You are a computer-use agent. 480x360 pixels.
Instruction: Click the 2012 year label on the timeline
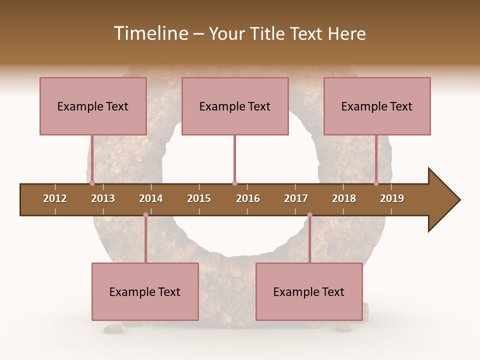click(55, 198)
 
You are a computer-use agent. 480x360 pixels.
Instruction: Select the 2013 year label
click(103, 198)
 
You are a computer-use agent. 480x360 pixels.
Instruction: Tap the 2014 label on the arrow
click(151, 198)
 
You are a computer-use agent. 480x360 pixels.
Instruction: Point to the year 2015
click(199, 198)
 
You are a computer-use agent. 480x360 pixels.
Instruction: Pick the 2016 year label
click(248, 198)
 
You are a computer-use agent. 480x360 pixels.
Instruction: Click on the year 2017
click(296, 198)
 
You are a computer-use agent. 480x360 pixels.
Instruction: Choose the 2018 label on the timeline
click(344, 198)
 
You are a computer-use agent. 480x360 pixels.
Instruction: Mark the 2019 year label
click(392, 198)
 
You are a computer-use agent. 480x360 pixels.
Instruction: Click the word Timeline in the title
click(150, 33)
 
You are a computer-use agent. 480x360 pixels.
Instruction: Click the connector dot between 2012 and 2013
click(92, 183)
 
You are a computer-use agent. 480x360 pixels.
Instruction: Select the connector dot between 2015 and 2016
click(234, 183)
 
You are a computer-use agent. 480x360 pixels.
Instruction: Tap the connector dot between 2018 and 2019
click(376, 183)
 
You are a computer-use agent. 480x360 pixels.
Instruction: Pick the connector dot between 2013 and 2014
click(145, 215)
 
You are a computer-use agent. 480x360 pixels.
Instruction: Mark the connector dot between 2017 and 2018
click(309, 215)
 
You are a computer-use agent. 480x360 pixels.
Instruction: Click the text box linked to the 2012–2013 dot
click(93, 106)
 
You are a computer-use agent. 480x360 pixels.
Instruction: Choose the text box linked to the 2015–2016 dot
click(235, 106)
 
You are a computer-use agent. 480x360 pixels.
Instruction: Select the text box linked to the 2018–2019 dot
click(377, 106)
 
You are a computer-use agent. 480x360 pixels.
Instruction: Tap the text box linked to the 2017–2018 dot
click(309, 291)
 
